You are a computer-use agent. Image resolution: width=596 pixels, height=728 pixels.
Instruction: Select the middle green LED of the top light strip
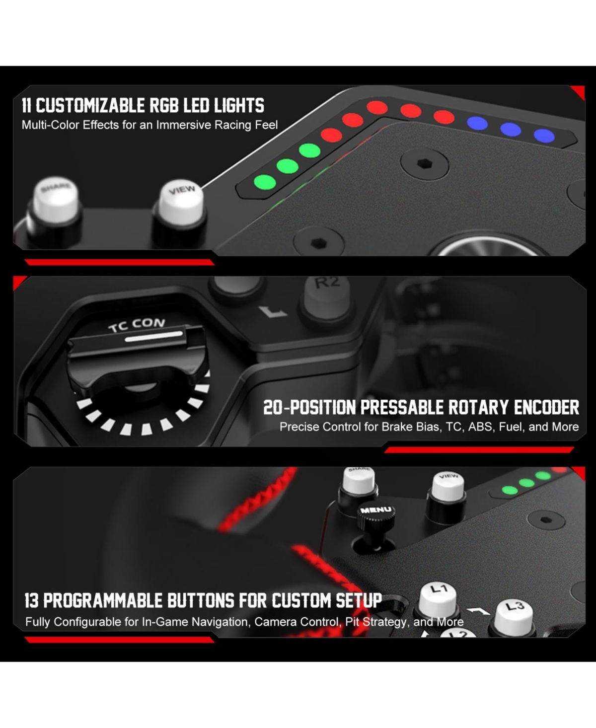287,165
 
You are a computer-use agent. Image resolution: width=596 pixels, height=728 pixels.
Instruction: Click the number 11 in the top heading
27,105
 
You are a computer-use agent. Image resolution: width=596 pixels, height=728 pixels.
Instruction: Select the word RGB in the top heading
162,105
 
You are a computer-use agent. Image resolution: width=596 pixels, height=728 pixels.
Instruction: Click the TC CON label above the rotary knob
137,324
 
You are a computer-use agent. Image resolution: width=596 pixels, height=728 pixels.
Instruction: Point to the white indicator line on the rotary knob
153,337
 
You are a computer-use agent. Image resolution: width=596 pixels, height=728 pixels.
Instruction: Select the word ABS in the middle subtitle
480,427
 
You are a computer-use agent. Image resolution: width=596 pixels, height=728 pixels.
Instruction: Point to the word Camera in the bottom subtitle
274,622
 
